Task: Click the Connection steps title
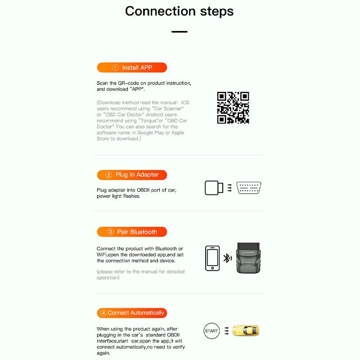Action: pos(179,11)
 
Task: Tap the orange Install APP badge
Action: pos(132,67)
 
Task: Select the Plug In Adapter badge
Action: pos(132,175)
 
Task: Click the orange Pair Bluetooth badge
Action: pos(132,232)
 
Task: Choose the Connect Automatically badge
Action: pos(132,313)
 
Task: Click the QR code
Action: pos(233,108)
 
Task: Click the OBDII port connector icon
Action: pos(249,188)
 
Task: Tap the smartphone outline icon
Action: pos(212,258)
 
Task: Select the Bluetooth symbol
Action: pos(227,258)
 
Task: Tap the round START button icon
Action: pos(211,331)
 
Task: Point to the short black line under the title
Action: pos(179,31)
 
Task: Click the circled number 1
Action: pos(115,67)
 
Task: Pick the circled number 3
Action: pos(110,232)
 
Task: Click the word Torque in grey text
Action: pos(146,121)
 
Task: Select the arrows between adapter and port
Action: pos(229,188)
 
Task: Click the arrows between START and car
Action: pos(228,331)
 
